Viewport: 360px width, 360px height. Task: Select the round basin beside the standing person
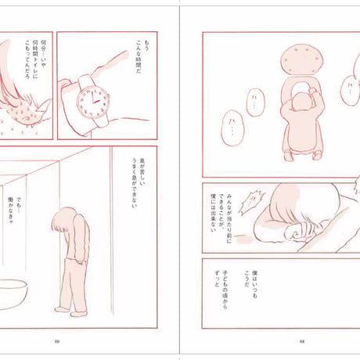[x=16, y=293]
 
